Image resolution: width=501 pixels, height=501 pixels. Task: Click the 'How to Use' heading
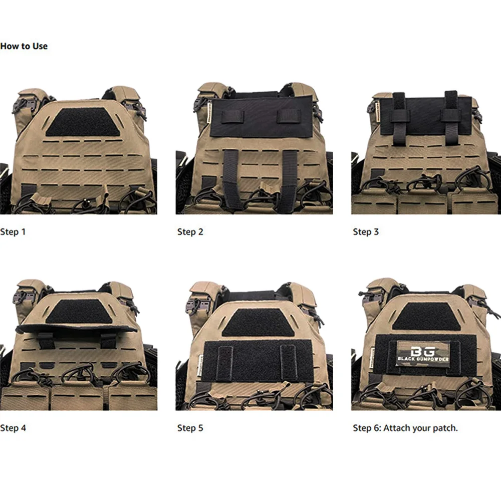pos(24,46)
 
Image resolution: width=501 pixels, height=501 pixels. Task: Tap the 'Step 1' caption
pos(13,231)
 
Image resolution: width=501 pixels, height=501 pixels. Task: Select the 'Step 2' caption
pos(190,231)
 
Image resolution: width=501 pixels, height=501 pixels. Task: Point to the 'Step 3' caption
pos(366,231)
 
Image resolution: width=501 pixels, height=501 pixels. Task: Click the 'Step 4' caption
pos(13,428)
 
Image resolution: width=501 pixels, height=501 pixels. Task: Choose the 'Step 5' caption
pos(190,428)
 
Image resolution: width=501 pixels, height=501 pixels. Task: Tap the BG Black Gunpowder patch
pos(423,354)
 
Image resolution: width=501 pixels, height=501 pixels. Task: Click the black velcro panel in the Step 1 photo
pos(82,122)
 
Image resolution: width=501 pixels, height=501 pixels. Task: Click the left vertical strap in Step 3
pos(400,118)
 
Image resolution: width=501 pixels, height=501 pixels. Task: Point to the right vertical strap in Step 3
pos(450,118)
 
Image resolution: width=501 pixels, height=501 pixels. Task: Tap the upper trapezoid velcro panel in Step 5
pos(258,322)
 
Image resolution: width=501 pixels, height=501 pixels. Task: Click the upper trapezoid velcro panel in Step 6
pos(426,317)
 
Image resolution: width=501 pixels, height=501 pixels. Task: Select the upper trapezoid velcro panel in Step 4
pos(79,311)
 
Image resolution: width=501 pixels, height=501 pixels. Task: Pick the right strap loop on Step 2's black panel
pos(289,116)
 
